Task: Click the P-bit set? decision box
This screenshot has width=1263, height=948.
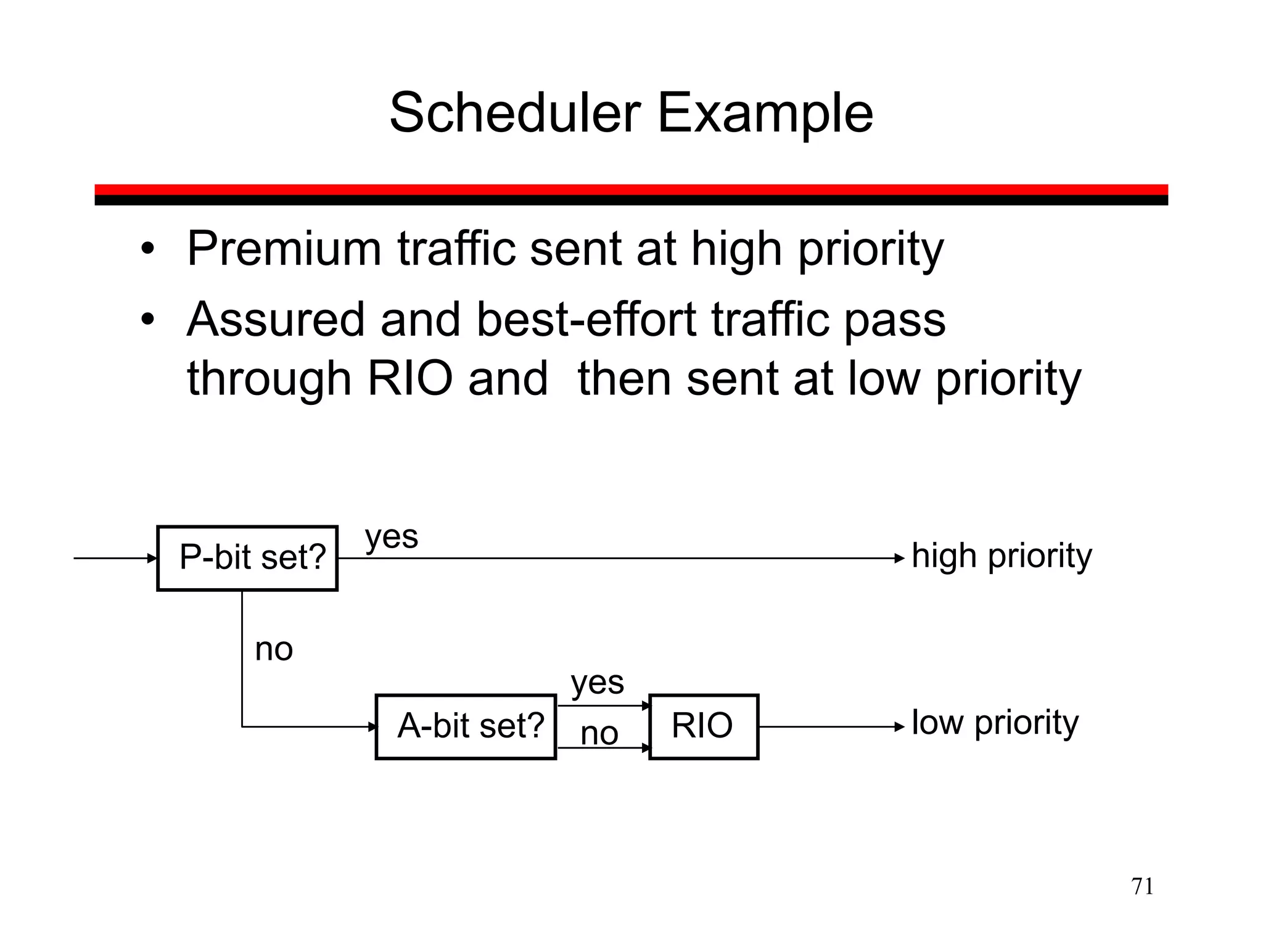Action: [x=247, y=558]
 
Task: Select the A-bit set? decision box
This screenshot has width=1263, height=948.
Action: [x=466, y=726]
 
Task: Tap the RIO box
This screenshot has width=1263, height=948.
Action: [x=703, y=726]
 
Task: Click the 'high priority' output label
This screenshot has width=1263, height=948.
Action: [x=1002, y=556]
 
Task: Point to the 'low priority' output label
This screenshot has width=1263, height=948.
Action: [x=995, y=723]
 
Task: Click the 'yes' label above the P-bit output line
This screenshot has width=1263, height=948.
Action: [x=391, y=537]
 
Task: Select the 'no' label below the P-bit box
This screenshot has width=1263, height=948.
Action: [x=274, y=649]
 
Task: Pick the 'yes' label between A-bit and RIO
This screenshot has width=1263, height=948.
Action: [x=597, y=683]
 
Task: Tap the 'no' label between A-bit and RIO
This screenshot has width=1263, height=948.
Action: [x=599, y=734]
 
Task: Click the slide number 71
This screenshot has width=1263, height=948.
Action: [x=1142, y=886]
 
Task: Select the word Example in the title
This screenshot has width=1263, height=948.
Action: [x=765, y=114]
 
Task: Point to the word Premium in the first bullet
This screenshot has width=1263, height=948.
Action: [x=284, y=249]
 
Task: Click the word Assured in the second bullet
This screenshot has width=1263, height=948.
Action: [x=276, y=320]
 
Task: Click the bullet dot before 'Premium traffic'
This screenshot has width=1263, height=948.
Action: [x=147, y=250]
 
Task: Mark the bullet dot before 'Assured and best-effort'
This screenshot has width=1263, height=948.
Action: [x=147, y=321]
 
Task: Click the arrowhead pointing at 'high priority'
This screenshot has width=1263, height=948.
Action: [x=900, y=559]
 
